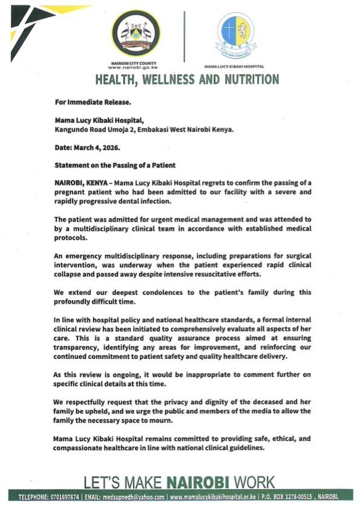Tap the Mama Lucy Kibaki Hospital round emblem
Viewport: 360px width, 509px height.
pyautogui.click(x=235, y=34)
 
